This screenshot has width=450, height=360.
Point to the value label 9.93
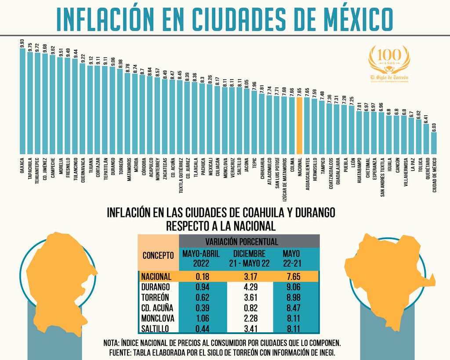coord(22,43)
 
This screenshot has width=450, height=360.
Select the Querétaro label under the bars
coord(426,167)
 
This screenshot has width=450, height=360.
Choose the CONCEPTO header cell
coord(158,255)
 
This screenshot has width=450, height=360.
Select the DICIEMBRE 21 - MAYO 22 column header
coord(250,259)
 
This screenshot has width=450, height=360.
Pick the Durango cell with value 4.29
coord(250,287)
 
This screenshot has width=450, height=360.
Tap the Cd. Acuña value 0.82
coord(250,308)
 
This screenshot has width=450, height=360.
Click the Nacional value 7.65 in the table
coord(292,276)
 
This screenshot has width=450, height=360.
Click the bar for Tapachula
coord(30,102)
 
